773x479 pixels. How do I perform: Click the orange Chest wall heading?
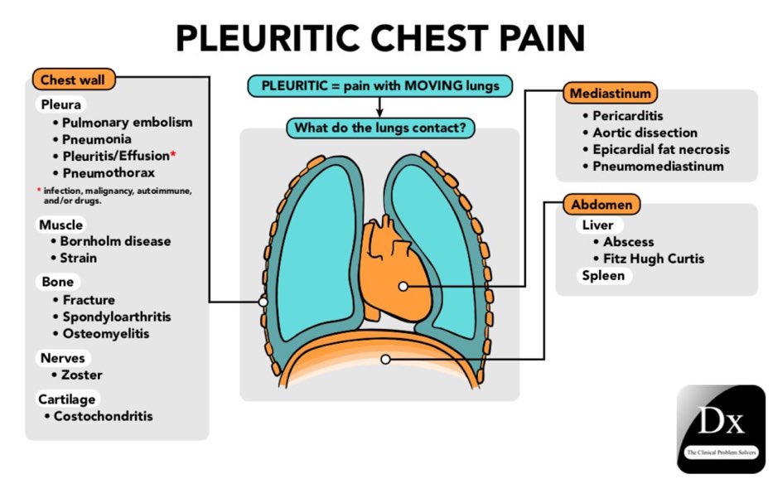[74, 80]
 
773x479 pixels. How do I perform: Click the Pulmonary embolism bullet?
[126, 123]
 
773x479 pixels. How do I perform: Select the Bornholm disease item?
[115, 241]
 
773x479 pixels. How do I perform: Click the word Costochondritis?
[103, 416]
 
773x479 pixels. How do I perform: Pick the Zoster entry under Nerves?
[82, 375]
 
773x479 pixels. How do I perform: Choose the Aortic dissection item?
[645, 133]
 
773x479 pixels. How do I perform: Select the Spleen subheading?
[603, 275]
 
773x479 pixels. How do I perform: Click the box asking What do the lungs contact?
[380, 128]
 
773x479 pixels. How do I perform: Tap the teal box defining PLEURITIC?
[380, 86]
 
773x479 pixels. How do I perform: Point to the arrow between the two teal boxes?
[380, 108]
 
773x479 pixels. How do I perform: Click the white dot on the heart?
[403, 286]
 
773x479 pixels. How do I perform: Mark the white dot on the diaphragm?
[384, 359]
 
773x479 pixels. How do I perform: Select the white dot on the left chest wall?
[263, 302]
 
